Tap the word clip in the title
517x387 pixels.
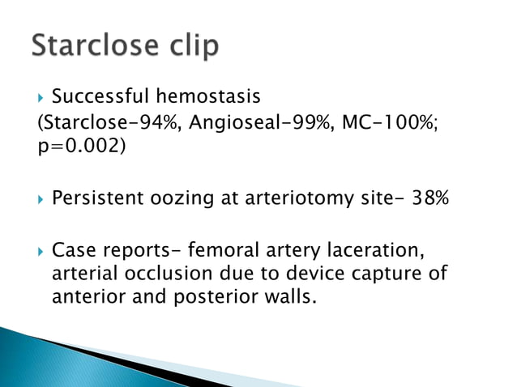click(189, 46)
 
